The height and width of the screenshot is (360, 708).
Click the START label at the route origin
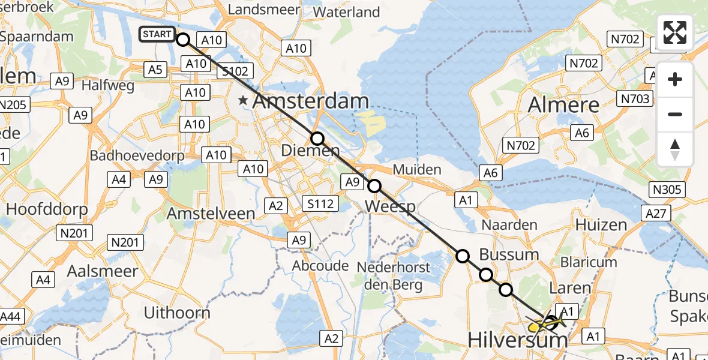click(157, 34)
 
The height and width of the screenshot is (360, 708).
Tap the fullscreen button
click(675, 32)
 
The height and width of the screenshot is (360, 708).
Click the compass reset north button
click(675, 149)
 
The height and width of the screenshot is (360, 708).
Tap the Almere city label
click(563, 105)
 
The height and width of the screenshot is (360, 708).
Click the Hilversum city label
click(517, 341)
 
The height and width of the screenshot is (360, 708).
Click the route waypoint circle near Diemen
click(317, 139)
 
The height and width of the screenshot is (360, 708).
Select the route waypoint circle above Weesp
click(374, 186)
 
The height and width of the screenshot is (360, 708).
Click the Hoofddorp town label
click(47, 209)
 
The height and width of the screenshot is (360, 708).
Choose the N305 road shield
click(667, 190)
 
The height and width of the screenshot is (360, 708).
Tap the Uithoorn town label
click(177, 313)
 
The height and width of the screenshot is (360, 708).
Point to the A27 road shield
click(656, 213)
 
